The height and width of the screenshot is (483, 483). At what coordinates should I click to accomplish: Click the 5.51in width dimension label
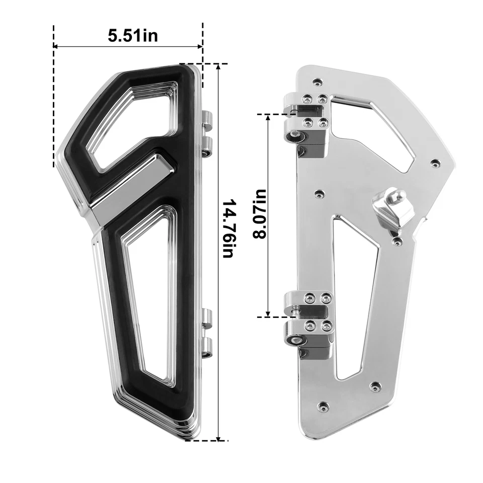tap(132, 36)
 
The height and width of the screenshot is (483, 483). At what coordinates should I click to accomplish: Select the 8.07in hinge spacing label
tap(260, 214)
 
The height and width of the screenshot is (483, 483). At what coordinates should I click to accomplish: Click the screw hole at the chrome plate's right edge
tap(435, 163)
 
